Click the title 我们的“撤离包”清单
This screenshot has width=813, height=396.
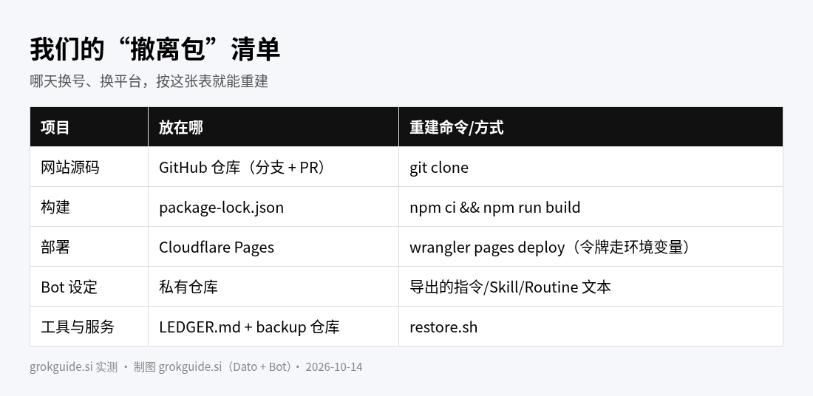tap(155, 49)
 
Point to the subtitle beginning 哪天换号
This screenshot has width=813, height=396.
tap(149, 81)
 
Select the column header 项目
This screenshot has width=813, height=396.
tap(55, 128)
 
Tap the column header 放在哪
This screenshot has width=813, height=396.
tap(181, 128)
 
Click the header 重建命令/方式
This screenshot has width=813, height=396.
tap(456, 128)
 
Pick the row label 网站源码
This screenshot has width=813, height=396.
tap(70, 168)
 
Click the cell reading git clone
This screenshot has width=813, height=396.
tap(438, 168)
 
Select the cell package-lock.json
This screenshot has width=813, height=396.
tap(222, 208)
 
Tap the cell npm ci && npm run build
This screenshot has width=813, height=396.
tap(494, 208)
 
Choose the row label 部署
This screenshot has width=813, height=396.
tap(55, 247)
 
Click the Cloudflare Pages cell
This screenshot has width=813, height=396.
tap(217, 247)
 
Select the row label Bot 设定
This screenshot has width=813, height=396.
tap(69, 287)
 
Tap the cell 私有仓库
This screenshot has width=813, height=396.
tap(188, 287)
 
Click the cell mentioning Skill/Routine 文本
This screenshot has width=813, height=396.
tap(510, 287)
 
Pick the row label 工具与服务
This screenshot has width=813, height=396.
tap(78, 327)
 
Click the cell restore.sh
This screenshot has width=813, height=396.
tap(443, 327)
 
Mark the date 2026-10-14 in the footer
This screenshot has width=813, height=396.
tap(334, 367)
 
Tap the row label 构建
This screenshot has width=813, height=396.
tap(55, 208)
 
